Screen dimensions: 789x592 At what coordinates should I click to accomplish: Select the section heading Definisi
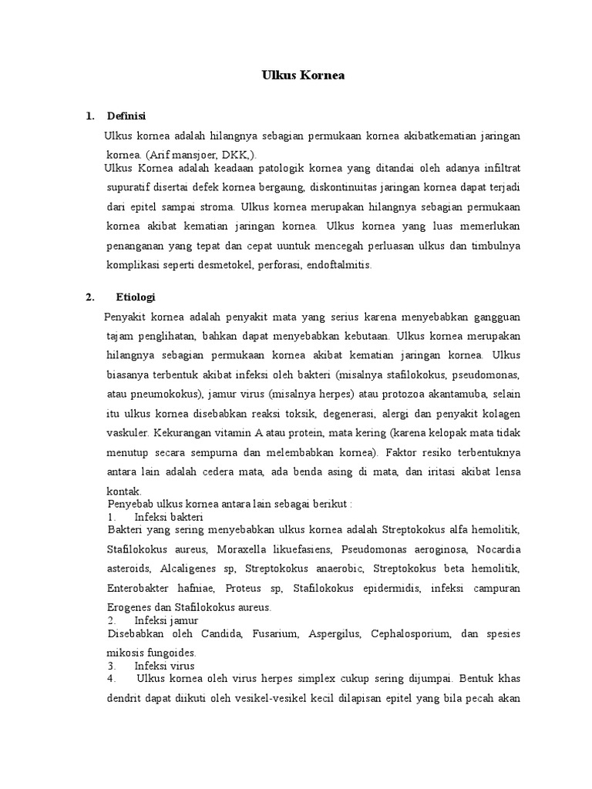[x=128, y=117]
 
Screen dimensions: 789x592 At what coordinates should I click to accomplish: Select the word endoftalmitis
[x=338, y=264]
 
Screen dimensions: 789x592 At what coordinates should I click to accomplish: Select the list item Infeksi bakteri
[x=168, y=516]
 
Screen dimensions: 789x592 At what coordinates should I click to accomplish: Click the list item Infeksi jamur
[x=166, y=619]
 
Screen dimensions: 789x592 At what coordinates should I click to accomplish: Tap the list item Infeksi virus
[x=165, y=665]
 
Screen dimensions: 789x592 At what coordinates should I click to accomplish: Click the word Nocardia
[x=499, y=549]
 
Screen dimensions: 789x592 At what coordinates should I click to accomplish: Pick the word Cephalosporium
[x=401, y=633]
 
